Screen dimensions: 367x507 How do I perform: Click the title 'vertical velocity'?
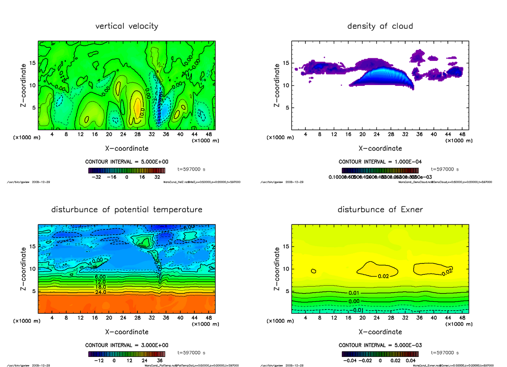(127, 26)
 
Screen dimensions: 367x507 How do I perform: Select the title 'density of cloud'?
(380, 26)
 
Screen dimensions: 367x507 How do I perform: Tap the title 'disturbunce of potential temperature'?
(127, 210)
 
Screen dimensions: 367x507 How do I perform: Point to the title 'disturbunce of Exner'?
(380, 210)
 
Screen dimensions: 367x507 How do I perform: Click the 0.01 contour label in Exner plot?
(354, 293)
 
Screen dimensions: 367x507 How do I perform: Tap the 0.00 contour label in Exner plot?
(354, 301)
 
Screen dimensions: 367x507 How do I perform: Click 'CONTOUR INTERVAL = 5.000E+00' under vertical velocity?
(127, 162)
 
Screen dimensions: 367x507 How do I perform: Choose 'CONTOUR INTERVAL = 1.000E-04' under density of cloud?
(380, 162)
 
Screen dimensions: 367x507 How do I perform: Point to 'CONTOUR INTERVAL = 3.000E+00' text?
(127, 345)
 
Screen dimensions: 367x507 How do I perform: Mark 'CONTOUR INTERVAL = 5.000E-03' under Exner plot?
(380, 345)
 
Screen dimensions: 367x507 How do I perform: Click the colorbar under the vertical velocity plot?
(127, 170)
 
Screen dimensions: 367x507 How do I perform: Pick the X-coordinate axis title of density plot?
(380, 148)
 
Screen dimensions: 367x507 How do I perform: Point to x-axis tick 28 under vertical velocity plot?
(138, 134)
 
